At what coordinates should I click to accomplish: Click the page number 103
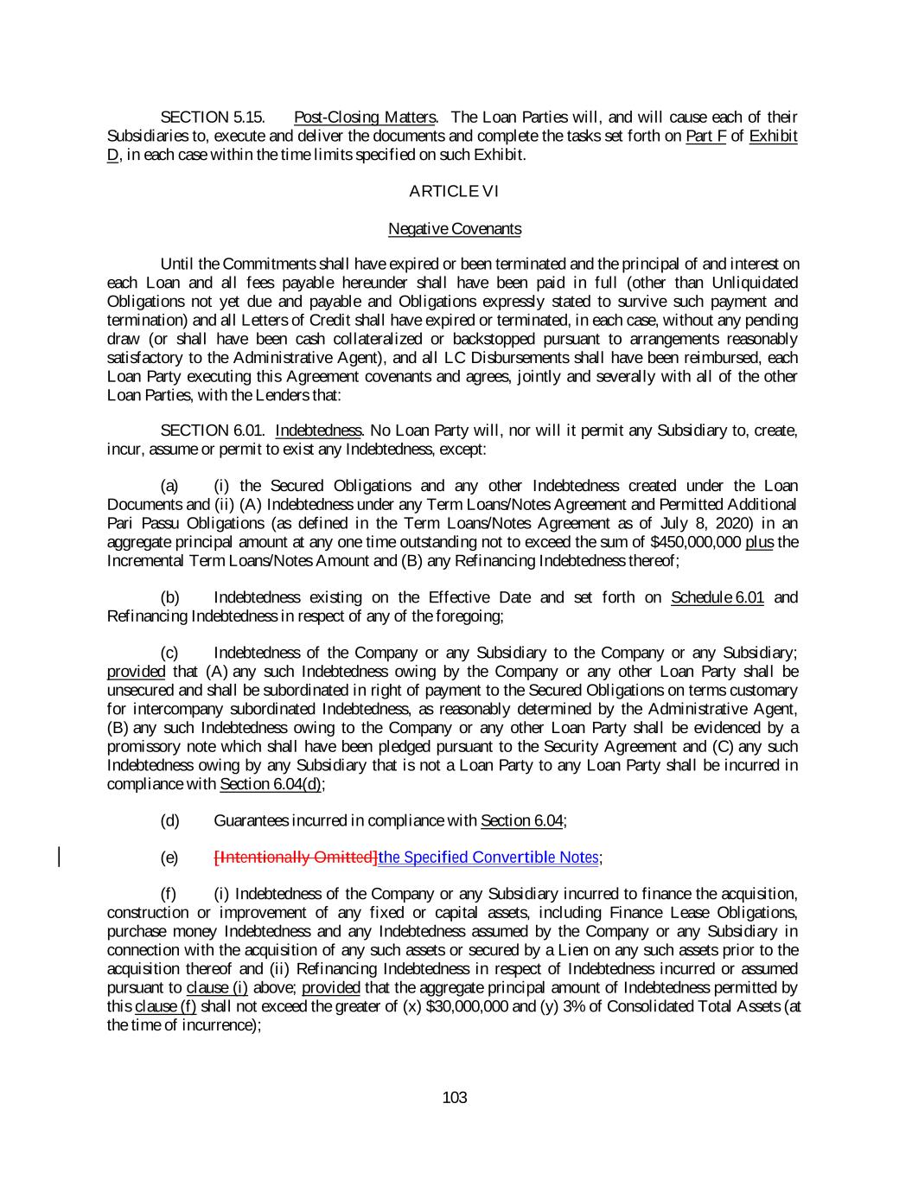455,1098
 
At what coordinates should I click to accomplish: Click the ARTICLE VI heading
455,191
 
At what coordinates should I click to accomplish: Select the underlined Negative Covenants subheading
455,229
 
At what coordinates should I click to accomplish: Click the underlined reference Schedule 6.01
717,597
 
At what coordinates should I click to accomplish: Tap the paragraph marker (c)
170,653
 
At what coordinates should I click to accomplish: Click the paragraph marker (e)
170,858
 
